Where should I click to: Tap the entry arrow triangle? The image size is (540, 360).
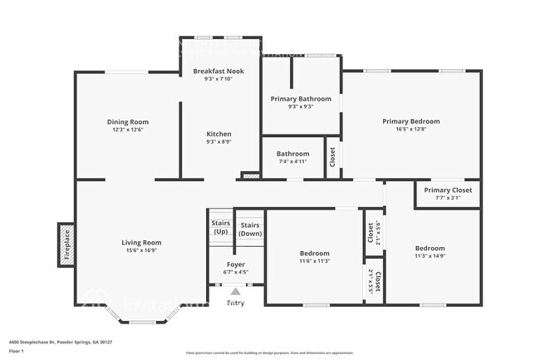pos(236,292)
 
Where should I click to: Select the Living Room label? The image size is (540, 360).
pos(141,243)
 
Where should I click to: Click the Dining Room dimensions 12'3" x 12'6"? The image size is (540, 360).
pos(128,131)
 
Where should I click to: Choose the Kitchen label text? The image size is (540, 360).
pos(219,134)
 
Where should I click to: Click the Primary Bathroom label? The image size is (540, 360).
pos(301,98)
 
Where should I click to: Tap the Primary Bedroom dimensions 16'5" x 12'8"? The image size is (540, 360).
pos(411,130)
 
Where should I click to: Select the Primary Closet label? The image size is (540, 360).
pos(448,190)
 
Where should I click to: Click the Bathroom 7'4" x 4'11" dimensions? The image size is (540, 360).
pos(293,162)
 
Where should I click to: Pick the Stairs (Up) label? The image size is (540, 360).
pos(220,227)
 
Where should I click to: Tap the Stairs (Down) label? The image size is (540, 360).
pos(250,229)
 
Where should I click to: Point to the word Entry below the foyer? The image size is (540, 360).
pos(236,303)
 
